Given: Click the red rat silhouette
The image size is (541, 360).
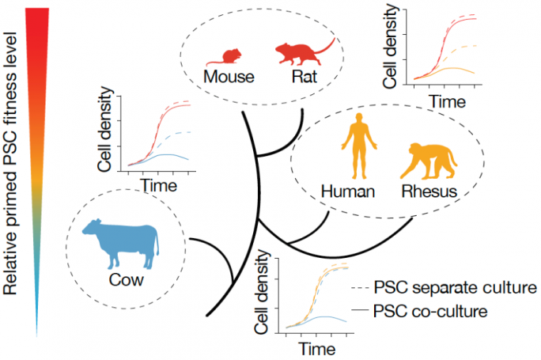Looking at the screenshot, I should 297,54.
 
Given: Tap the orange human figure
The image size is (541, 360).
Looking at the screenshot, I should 355,146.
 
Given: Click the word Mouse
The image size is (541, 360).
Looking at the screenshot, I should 228,78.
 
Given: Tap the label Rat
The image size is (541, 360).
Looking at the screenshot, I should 305,78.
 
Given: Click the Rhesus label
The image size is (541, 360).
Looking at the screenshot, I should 427,191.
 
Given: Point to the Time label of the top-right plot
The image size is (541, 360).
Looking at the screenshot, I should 448,102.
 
